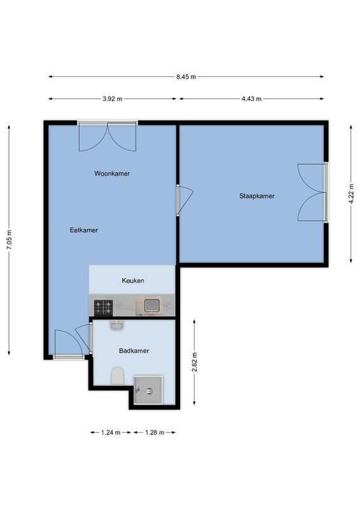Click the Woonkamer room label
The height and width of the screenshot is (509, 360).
[112, 173]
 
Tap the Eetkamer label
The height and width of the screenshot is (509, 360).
[84, 230]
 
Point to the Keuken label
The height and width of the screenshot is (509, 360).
[133, 281]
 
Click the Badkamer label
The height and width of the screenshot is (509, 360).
[134, 351]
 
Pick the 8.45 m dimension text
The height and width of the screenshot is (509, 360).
[186, 77]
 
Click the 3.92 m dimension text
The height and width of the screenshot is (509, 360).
[112, 99]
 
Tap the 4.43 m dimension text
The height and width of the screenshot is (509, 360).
[251, 99]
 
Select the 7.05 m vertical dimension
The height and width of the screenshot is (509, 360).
[10, 240]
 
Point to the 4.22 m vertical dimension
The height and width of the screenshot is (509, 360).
[351, 193]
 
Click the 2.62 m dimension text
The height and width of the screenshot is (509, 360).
[195, 364]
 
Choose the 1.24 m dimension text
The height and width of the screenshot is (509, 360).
[111, 433]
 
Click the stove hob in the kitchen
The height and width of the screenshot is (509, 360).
[104, 307]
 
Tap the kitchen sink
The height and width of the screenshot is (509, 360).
[151, 306]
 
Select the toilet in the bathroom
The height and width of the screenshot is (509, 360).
[117, 377]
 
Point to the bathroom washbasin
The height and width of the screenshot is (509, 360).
[116, 326]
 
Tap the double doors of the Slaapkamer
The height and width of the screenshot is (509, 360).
[313, 193]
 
